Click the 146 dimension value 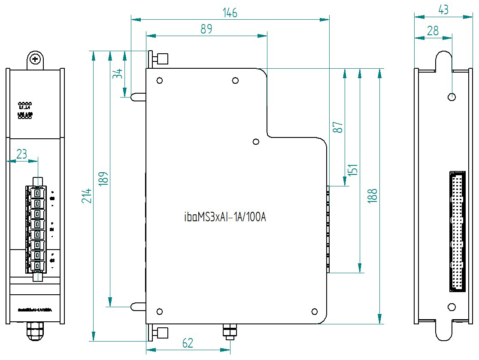(x=230, y=12)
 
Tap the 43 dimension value (x=443, y=9)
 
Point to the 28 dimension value (x=433, y=30)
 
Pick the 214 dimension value (x=88, y=196)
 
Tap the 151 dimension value (x=352, y=170)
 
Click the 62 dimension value (x=188, y=343)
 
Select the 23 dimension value (x=22, y=154)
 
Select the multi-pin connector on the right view (x=458, y=231)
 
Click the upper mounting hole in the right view (x=451, y=97)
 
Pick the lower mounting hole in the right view (x=451, y=307)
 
